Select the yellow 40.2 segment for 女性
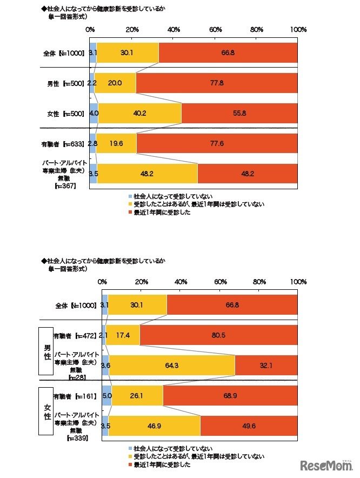[x=139, y=114]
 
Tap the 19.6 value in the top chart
[x=116, y=144]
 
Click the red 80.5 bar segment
[x=218, y=336]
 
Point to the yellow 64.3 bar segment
[x=172, y=366]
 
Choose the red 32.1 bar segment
[x=266, y=366]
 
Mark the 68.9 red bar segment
[x=230, y=396]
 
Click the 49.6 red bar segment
[x=249, y=426]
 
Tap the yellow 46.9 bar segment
[x=154, y=426]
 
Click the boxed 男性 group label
[x=47, y=350]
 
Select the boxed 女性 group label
[x=47, y=410]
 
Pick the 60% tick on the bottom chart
[x=220, y=282]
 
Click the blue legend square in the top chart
[x=130, y=196]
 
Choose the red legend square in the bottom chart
[x=130, y=464]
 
